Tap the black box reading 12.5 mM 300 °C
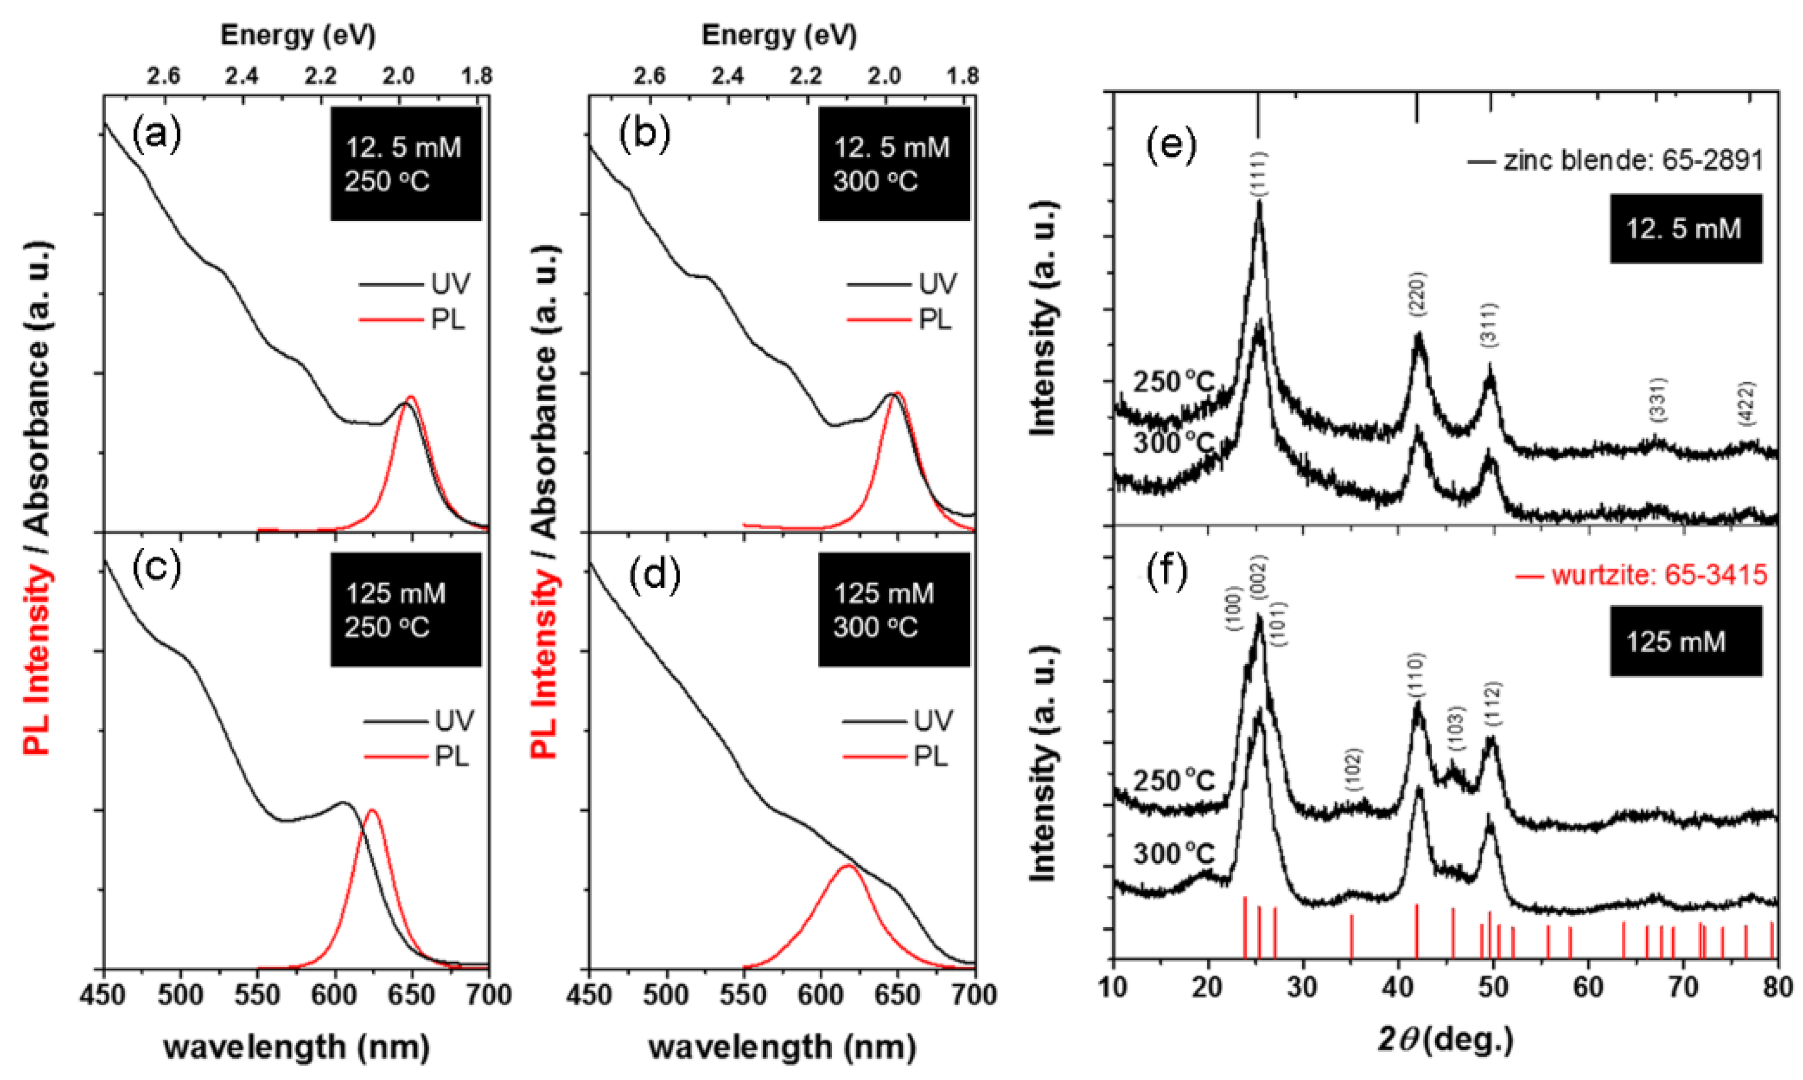click(893, 164)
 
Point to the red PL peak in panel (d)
click(847, 866)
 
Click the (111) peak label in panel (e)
click(1259, 173)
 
